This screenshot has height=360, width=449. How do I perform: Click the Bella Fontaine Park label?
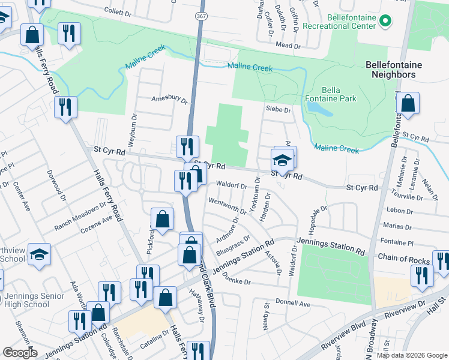339,94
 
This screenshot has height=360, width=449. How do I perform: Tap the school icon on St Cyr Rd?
281,161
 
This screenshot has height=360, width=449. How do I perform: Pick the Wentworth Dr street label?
228,205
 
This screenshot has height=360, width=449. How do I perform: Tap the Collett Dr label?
117,11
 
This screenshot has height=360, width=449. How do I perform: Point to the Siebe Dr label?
278,110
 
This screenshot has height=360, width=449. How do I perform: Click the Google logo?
20,353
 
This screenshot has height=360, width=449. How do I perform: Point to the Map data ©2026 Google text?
412,355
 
